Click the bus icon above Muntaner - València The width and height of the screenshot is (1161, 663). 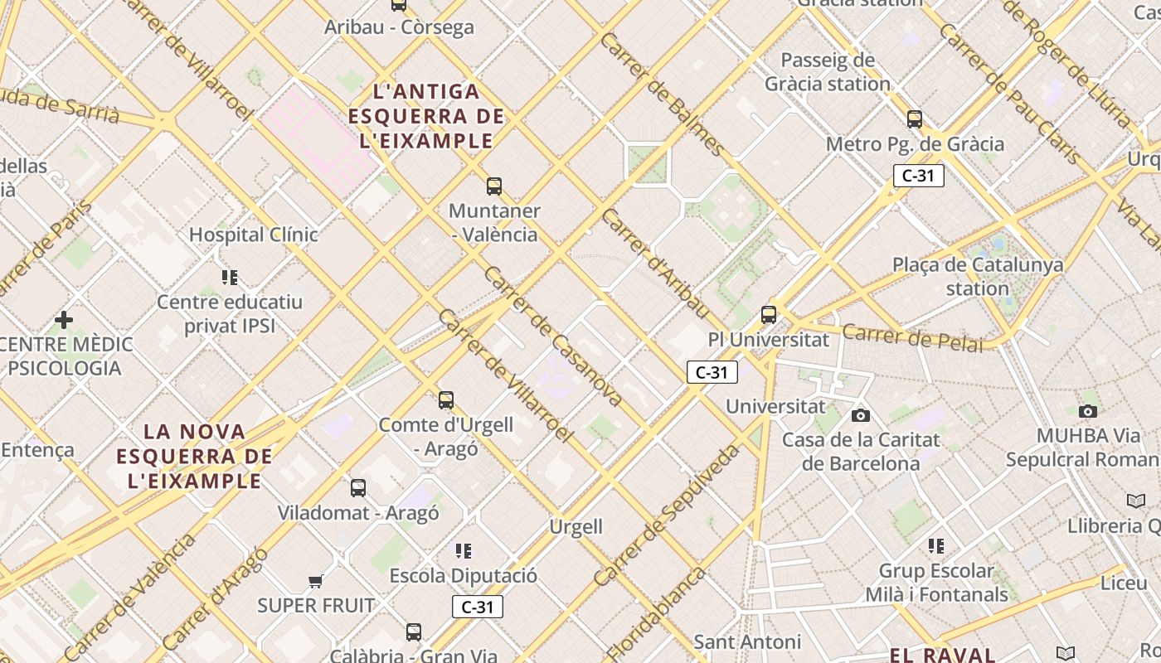pyautogui.click(x=494, y=186)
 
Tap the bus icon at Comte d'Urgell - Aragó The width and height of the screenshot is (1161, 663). pyautogui.click(x=446, y=400)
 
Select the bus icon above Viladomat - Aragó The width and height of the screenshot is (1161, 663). pyautogui.click(x=358, y=488)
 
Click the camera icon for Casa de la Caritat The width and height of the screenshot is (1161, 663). pyautogui.click(x=861, y=415)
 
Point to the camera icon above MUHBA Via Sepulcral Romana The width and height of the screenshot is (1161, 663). pyautogui.click(x=1088, y=411)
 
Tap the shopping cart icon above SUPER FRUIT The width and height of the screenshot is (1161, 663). pyautogui.click(x=315, y=581)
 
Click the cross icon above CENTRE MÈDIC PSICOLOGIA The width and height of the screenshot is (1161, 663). pyautogui.click(x=64, y=319)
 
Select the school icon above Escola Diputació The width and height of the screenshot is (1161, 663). pyautogui.click(x=464, y=550)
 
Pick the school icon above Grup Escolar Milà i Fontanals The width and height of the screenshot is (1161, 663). pyautogui.click(x=936, y=545)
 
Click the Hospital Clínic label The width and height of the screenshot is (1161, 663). pyautogui.click(x=253, y=235)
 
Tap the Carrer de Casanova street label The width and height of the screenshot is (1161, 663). pyautogui.click(x=552, y=336)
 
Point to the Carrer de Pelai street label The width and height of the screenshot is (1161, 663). pyautogui.click(x=912, y=338)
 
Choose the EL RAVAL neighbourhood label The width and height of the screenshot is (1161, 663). pyautogui.click(x=942, y=655)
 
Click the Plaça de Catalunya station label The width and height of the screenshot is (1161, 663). pyautogui.click(x=978, y=277)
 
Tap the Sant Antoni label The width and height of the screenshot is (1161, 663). pyautogui.click(x=746, y=641)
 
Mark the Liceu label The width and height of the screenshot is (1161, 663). pyautogui.click(x=1124, y=583)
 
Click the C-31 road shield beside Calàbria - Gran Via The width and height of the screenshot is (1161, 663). pyautogui.click(x=478, y=607)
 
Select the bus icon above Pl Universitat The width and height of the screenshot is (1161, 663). pyautogui.click(x=769, y=315)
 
